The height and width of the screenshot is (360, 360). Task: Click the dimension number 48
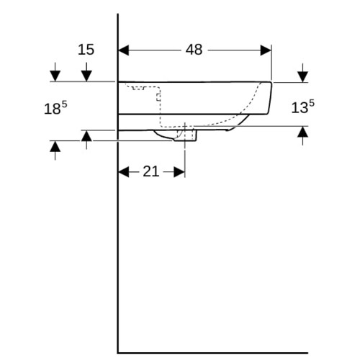(194, 50)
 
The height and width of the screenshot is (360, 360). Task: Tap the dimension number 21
(151, 172)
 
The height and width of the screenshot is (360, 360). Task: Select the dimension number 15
(86, 50)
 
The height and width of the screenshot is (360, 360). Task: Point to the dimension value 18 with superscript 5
(55, 108)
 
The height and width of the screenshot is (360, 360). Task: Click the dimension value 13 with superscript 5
(302, 107)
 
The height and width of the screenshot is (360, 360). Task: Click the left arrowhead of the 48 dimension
(124, 50)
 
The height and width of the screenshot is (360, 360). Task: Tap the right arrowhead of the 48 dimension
(266, 50)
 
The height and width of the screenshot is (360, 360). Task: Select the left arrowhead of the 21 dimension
(124, 172)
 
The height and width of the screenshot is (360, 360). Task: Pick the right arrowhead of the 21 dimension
(179, 172)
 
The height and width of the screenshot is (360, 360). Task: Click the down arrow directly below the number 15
(86, 72)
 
